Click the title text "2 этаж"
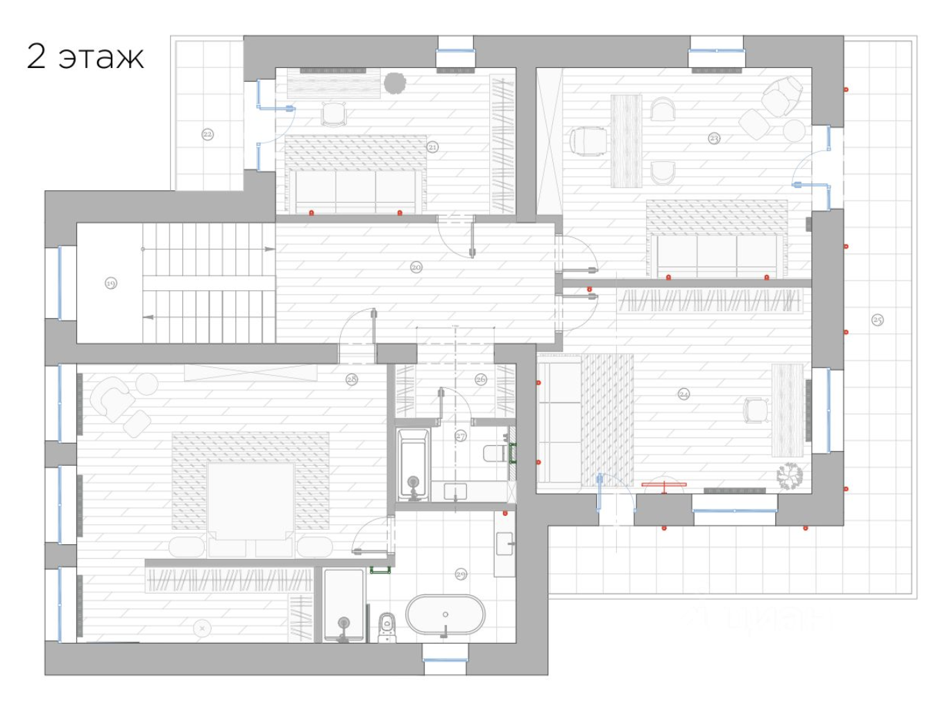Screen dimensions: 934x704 (85, 56)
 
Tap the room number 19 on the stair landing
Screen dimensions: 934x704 (111, 283)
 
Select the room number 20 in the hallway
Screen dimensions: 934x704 (416, 267)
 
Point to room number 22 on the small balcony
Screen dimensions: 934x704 (207, 134)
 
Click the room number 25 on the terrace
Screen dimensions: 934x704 (877, 320)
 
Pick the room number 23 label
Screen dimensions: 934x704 (714, 139)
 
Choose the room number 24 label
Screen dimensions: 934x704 (683, 394)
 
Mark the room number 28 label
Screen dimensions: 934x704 (352, 379)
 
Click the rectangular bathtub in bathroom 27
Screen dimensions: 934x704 (413, 463)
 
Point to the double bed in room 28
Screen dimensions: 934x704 (251, 500)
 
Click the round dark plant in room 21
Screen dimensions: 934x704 (395, 83)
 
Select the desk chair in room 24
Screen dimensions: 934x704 (755, 410)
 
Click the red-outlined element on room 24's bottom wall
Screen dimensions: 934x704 (664, 484)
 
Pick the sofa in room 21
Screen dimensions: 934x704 (355, 190)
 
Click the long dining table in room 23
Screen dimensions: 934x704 (626, 140)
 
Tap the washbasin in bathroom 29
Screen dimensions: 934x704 (505, 545)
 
